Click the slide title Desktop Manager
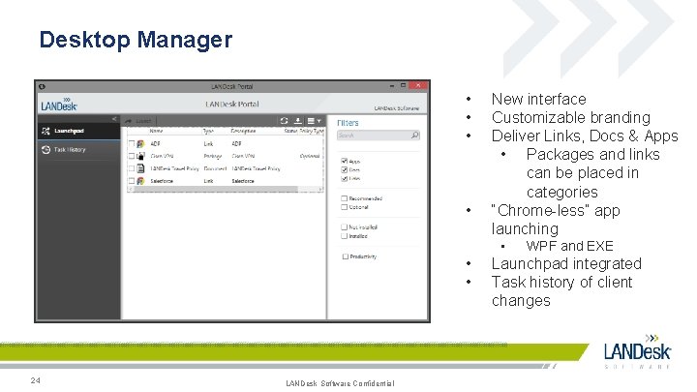136,40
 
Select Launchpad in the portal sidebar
70,130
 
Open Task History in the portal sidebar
70,150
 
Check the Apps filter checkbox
344,161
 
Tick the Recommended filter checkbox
344,198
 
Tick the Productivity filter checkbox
344,256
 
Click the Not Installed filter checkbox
344,226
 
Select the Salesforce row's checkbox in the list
132,180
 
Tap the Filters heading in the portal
348,123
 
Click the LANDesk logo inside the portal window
60,104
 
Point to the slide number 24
35,379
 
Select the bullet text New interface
538,99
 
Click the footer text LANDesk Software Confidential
340,383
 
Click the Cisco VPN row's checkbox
132,156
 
